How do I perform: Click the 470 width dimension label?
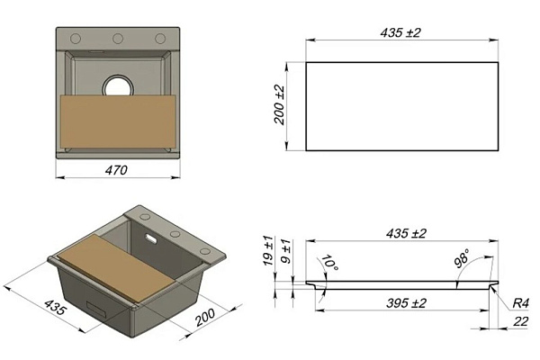tap(116, 170)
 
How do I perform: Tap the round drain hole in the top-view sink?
tap(118, 85)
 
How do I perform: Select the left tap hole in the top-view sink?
tap(76, 38)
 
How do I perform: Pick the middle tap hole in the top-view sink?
tap(118, 38)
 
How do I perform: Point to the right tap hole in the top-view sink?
tap(160, 38)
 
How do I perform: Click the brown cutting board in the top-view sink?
tap(118, 121)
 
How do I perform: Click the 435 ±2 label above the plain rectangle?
tap(400, 32)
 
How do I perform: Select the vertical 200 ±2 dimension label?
tap(280, 104)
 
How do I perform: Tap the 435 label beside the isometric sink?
tap(54, 307)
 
